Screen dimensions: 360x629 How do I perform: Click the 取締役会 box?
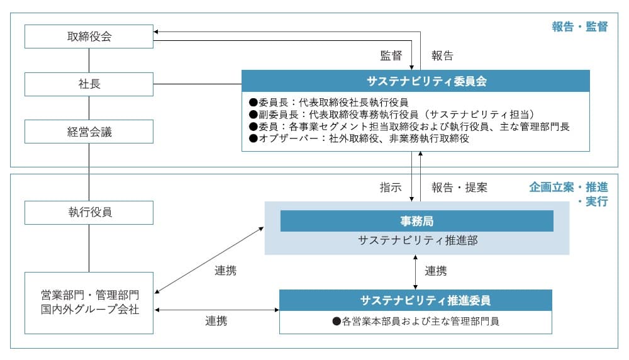[89, 37]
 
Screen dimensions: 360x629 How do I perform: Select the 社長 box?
[89, 84]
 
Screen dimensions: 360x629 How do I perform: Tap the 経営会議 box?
[89, 132]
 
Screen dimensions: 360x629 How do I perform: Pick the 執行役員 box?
[89, 212]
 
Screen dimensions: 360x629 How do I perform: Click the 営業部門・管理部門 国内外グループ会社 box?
[89, 302]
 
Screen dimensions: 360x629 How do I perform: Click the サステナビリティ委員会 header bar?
[416, 81]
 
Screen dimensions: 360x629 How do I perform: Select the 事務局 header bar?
[416, 221]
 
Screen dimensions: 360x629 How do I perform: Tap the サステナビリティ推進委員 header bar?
[416, 300]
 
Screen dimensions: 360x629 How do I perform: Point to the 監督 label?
[391, 55]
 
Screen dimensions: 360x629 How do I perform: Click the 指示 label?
[390, 187]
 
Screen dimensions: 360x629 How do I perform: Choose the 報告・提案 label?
[459, 187]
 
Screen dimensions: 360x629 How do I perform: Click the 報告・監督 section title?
[579, 26]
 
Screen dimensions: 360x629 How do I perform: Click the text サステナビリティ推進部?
[416, 240]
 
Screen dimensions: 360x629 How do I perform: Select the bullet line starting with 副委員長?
[391, 114]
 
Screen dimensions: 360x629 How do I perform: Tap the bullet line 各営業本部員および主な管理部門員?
[416, 321]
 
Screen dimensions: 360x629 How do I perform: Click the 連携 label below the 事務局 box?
[436, 271]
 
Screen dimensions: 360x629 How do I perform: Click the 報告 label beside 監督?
[442, 55]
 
